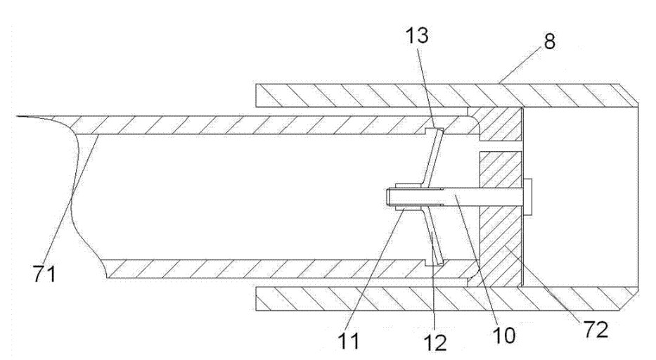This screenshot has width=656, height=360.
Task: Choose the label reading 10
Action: click(x=503, y=335)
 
